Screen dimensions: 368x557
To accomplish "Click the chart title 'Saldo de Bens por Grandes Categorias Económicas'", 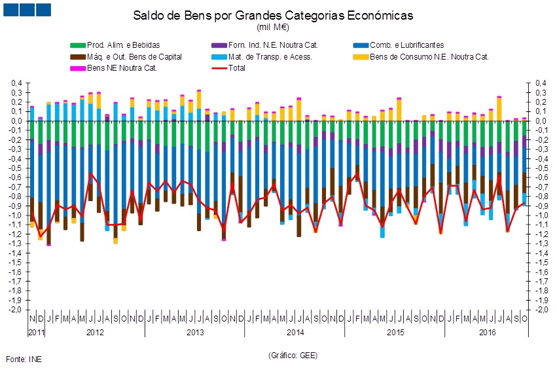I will [x=273, y=15].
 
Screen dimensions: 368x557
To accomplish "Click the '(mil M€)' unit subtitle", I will [x=273, y=28].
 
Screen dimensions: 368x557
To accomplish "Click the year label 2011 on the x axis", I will [x=36, y=333].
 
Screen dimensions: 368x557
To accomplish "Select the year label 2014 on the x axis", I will [x=295, y=333].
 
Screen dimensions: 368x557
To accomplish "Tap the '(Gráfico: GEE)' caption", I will [x=293, y=354].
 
